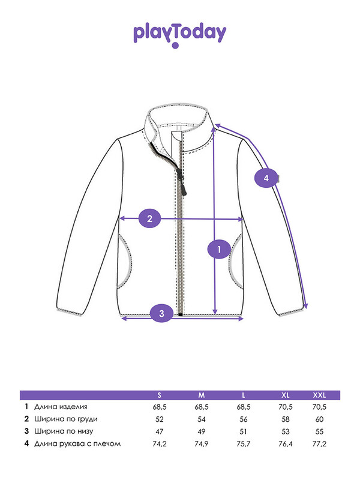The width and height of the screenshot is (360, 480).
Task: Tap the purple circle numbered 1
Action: point(219,249)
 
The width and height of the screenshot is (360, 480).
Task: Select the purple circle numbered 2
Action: point(149,218)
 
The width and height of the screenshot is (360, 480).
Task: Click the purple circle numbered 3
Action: point(161,313)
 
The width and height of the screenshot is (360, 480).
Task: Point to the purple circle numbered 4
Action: point(266,178)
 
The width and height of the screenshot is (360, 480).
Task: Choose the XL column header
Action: point(286,395)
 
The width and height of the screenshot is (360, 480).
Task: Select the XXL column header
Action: point(319,395)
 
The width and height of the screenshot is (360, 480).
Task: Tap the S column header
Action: point(159,395)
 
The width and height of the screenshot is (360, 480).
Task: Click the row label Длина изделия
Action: point(61,407)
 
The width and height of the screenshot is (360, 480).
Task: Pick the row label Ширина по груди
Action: point(66,419)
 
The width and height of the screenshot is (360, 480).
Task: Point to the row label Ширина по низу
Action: point(64,431)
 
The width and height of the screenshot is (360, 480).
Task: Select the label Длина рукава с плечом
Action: point(77,443)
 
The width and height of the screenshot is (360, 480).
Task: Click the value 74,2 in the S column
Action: point(160,444)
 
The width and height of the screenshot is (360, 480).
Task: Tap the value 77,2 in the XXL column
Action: point(319,444)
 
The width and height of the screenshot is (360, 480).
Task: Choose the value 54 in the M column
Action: point(202,419)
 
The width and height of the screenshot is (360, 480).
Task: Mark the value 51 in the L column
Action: point(244,431)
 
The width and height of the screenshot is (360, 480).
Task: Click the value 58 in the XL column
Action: point(286,419)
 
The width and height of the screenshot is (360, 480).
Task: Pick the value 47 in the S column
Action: point(160,431)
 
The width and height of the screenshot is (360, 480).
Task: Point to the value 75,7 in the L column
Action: point(244,444)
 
